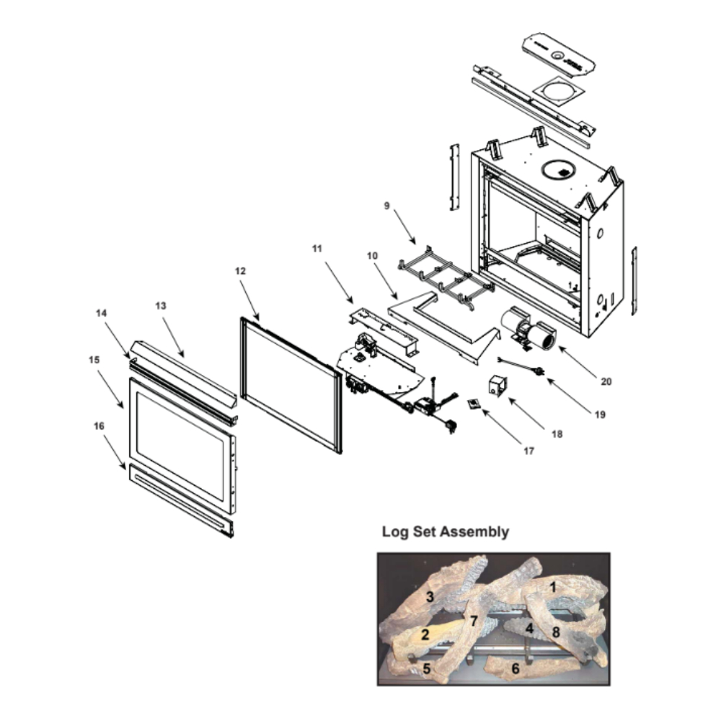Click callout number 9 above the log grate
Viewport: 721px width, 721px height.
(x=386, y=205)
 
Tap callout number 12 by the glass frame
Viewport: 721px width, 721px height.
(x=241, y=271)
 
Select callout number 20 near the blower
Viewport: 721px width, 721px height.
(x=606, y=381)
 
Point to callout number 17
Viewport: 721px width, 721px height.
(x=528, y=451)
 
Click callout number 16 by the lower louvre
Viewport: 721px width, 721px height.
(x=99, y=426)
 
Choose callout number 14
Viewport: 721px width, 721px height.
(x=101, y=313)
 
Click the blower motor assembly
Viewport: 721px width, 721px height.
(x=528, y=328)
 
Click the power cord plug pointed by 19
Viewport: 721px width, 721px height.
(x=539, y=370)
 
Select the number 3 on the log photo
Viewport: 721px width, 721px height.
(x=430, y=597)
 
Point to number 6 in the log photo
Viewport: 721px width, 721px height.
(x=516, y=668)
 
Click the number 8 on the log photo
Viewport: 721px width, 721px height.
(x=556, y=632)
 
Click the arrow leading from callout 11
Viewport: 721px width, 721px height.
(x=340, y=283)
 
